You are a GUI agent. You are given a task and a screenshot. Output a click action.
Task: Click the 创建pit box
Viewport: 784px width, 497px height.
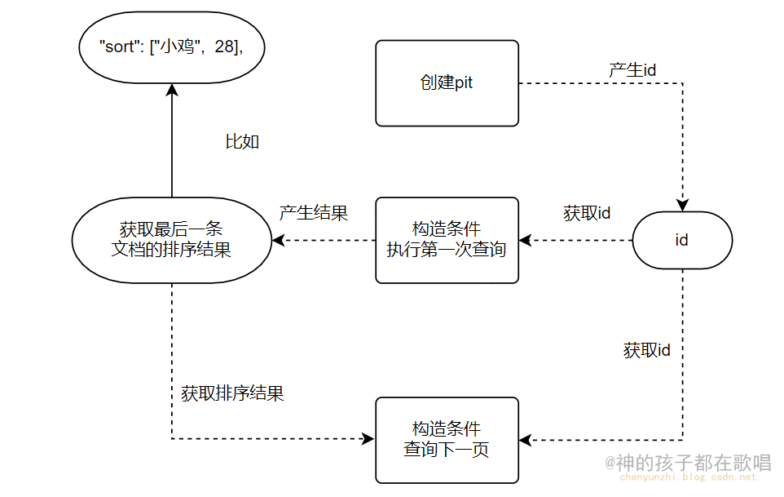tap(447, 84)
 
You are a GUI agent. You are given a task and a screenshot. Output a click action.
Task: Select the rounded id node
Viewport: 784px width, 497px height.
tap(682, 240)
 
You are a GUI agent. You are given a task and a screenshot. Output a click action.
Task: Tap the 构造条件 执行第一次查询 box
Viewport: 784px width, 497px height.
tap(447, 240)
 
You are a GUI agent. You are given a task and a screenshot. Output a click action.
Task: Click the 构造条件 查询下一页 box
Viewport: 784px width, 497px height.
tap(447, 440)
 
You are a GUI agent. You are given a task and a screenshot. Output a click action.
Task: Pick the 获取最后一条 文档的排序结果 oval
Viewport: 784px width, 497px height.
tap(171, 240)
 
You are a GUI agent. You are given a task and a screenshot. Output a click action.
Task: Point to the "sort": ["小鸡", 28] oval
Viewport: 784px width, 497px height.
tap(171, 47)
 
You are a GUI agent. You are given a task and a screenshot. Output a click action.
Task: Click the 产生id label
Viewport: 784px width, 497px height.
tap(632, 70)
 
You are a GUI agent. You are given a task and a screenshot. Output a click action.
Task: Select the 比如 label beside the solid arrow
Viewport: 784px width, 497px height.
tap(242, 141)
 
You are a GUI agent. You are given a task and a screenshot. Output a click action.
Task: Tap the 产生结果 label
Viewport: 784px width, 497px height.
tap(314, 213)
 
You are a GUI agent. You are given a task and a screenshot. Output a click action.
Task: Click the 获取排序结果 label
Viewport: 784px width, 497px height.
tap(232, 393)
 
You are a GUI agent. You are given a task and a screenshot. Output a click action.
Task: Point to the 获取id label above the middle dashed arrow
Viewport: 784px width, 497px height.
tap(587, 213)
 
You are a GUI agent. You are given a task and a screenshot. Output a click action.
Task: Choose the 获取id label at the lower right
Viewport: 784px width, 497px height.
tap(647, 350)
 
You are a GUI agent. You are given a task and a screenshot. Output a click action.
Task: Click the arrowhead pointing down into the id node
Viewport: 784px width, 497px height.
tap(682, 205)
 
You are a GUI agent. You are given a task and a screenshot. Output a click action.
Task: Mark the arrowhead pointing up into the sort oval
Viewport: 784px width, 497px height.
tap(171, 88)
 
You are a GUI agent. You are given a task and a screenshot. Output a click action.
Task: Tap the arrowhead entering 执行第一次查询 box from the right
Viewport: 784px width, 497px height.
tap(526, 240)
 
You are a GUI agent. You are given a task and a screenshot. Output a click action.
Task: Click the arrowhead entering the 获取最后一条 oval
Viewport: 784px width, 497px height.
tap(278, 240)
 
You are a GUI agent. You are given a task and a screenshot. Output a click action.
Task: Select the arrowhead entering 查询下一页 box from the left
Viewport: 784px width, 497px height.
tap(368, 440)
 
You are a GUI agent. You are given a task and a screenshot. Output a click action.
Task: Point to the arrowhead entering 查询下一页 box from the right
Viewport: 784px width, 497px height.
tap(526, 440)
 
